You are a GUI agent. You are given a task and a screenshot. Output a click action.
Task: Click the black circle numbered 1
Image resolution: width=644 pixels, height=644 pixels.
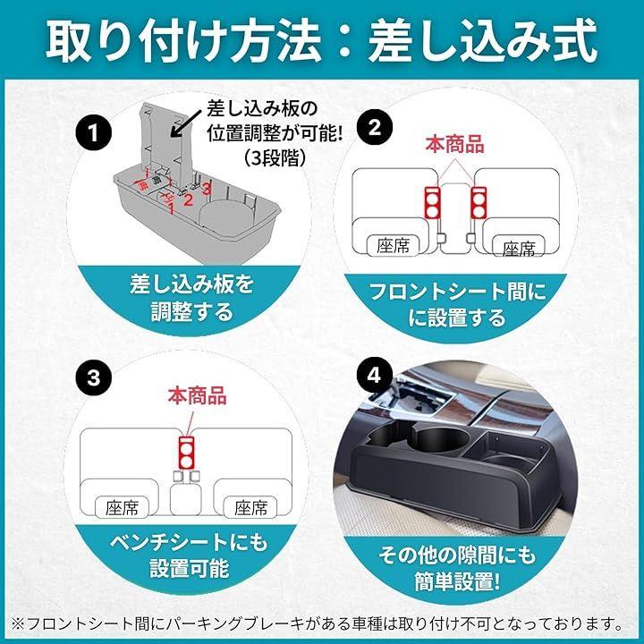click(94, 133)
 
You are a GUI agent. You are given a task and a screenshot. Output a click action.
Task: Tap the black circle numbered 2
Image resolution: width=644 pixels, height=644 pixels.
click(375, 127)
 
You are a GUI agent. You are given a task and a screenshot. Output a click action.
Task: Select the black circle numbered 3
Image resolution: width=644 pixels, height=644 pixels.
click(94, 377)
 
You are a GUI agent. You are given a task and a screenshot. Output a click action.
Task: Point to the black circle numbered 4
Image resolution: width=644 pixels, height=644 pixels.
click(374, 375)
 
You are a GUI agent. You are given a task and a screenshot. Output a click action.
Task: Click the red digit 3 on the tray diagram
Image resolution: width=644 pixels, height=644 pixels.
click(207, 189)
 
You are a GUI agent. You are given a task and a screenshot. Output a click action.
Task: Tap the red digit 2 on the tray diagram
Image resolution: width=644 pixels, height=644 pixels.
click(188, 200)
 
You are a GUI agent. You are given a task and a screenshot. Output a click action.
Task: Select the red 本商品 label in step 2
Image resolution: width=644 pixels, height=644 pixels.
click(454, 145)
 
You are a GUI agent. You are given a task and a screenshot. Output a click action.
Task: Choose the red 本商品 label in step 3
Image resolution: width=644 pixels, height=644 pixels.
click(197, 396)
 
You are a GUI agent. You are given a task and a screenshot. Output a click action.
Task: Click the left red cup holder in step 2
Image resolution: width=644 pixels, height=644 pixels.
click(432, 202)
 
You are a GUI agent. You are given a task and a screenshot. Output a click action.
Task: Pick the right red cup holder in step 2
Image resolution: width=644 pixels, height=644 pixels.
click(479, 202)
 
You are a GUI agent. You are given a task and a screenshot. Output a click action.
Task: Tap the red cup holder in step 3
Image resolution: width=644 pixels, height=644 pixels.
click(186, 453)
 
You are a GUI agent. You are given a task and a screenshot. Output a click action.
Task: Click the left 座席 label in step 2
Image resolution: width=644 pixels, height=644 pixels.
click(394, 246)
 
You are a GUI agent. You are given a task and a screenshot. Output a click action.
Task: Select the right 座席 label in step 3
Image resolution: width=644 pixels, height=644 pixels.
click(250, 508)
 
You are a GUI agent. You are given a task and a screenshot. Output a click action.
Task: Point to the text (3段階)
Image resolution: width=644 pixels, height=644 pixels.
click(275, 157)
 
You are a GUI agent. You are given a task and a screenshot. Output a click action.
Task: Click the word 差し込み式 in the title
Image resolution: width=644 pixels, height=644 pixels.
click(482, 41)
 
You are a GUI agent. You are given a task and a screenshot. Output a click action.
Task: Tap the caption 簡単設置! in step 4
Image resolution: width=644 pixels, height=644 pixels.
click(457, 582)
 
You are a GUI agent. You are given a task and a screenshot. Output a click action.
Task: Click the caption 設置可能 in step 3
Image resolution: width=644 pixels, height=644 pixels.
click(190, 569)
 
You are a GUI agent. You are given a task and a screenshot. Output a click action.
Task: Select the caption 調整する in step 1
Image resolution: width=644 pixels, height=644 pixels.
click(192, 313)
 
